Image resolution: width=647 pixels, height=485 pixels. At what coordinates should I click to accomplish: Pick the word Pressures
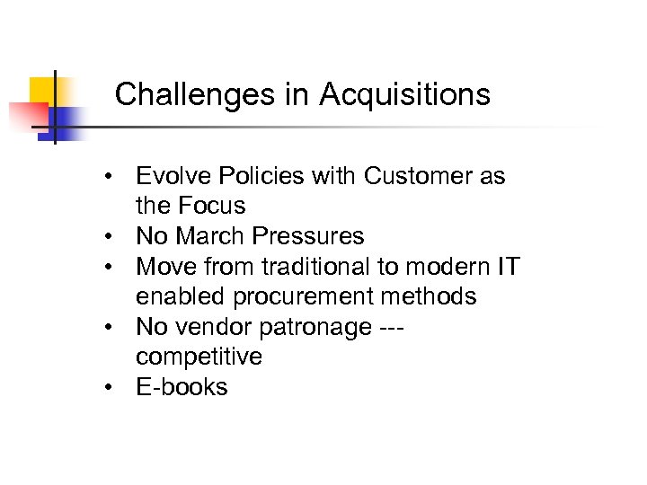(x=308, y=237)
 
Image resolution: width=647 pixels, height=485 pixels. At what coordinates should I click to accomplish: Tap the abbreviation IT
(x=509, y=267)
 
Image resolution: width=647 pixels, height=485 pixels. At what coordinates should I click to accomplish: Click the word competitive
(x=199, y=357)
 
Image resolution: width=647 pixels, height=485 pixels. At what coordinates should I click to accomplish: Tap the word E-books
(x=182, y=388)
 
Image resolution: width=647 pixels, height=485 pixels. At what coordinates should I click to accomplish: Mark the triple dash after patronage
(x=388, y=328)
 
